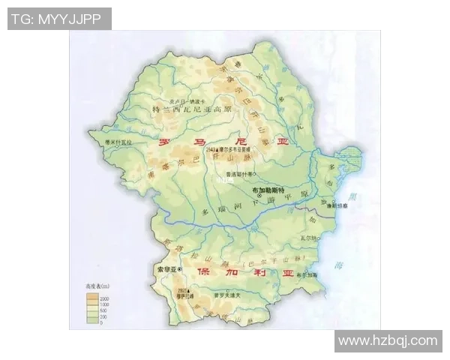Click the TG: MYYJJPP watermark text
[59, 19]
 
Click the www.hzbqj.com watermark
[387, 340]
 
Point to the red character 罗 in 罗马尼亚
[162, 142]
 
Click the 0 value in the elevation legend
[100, 322]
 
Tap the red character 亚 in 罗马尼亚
[282, 142]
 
